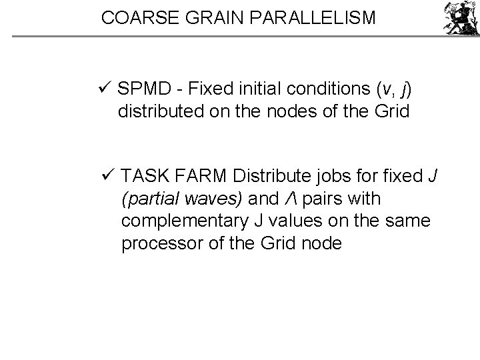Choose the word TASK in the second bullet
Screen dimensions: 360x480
145,177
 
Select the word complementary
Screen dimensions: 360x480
177,221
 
